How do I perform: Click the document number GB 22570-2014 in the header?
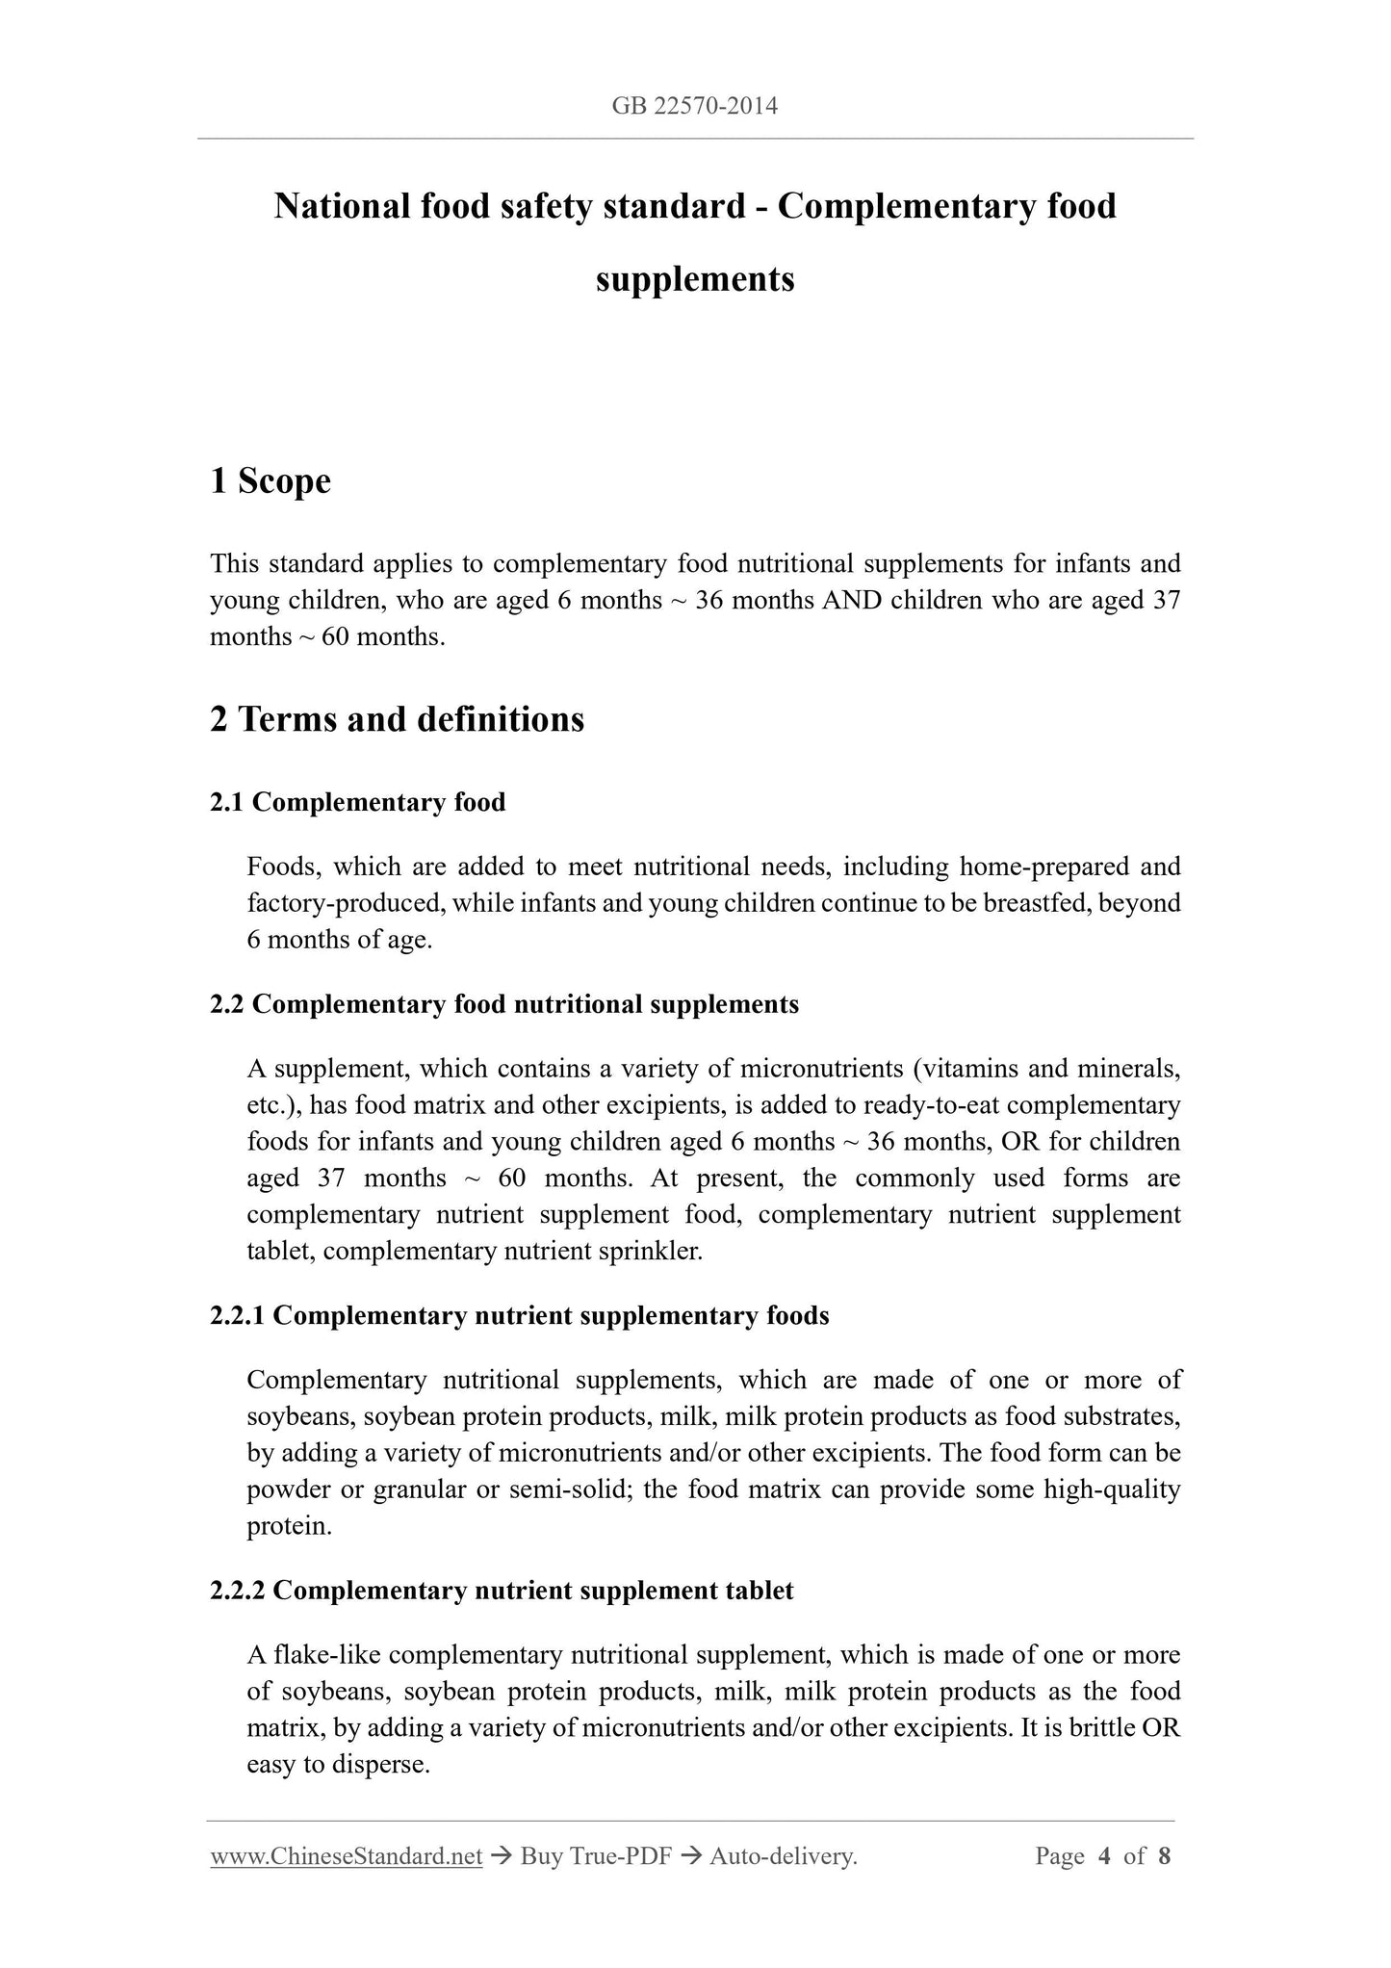694,106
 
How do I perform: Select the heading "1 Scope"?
270,481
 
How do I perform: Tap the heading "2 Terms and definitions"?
397,719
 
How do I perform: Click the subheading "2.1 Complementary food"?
357,802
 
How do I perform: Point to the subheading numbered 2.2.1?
519,1315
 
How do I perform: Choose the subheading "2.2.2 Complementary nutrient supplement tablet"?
502,1590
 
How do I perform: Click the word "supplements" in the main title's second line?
695,279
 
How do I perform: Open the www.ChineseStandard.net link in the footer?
346,1856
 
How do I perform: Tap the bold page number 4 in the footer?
1104,1856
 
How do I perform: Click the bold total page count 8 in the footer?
1164,1856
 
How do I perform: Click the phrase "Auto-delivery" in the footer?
782,1856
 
